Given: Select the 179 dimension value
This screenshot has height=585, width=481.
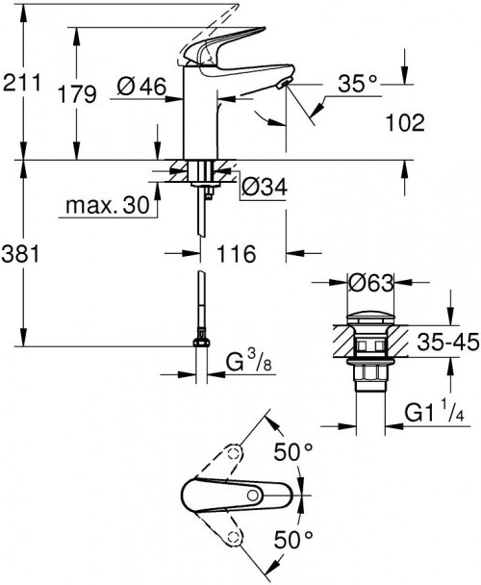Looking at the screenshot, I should coord(77,94).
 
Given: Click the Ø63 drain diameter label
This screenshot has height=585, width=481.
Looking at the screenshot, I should coord(370,283).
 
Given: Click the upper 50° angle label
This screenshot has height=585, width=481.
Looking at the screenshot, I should coord(294,450).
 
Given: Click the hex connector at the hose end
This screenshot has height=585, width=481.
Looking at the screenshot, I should coord(200,343).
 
